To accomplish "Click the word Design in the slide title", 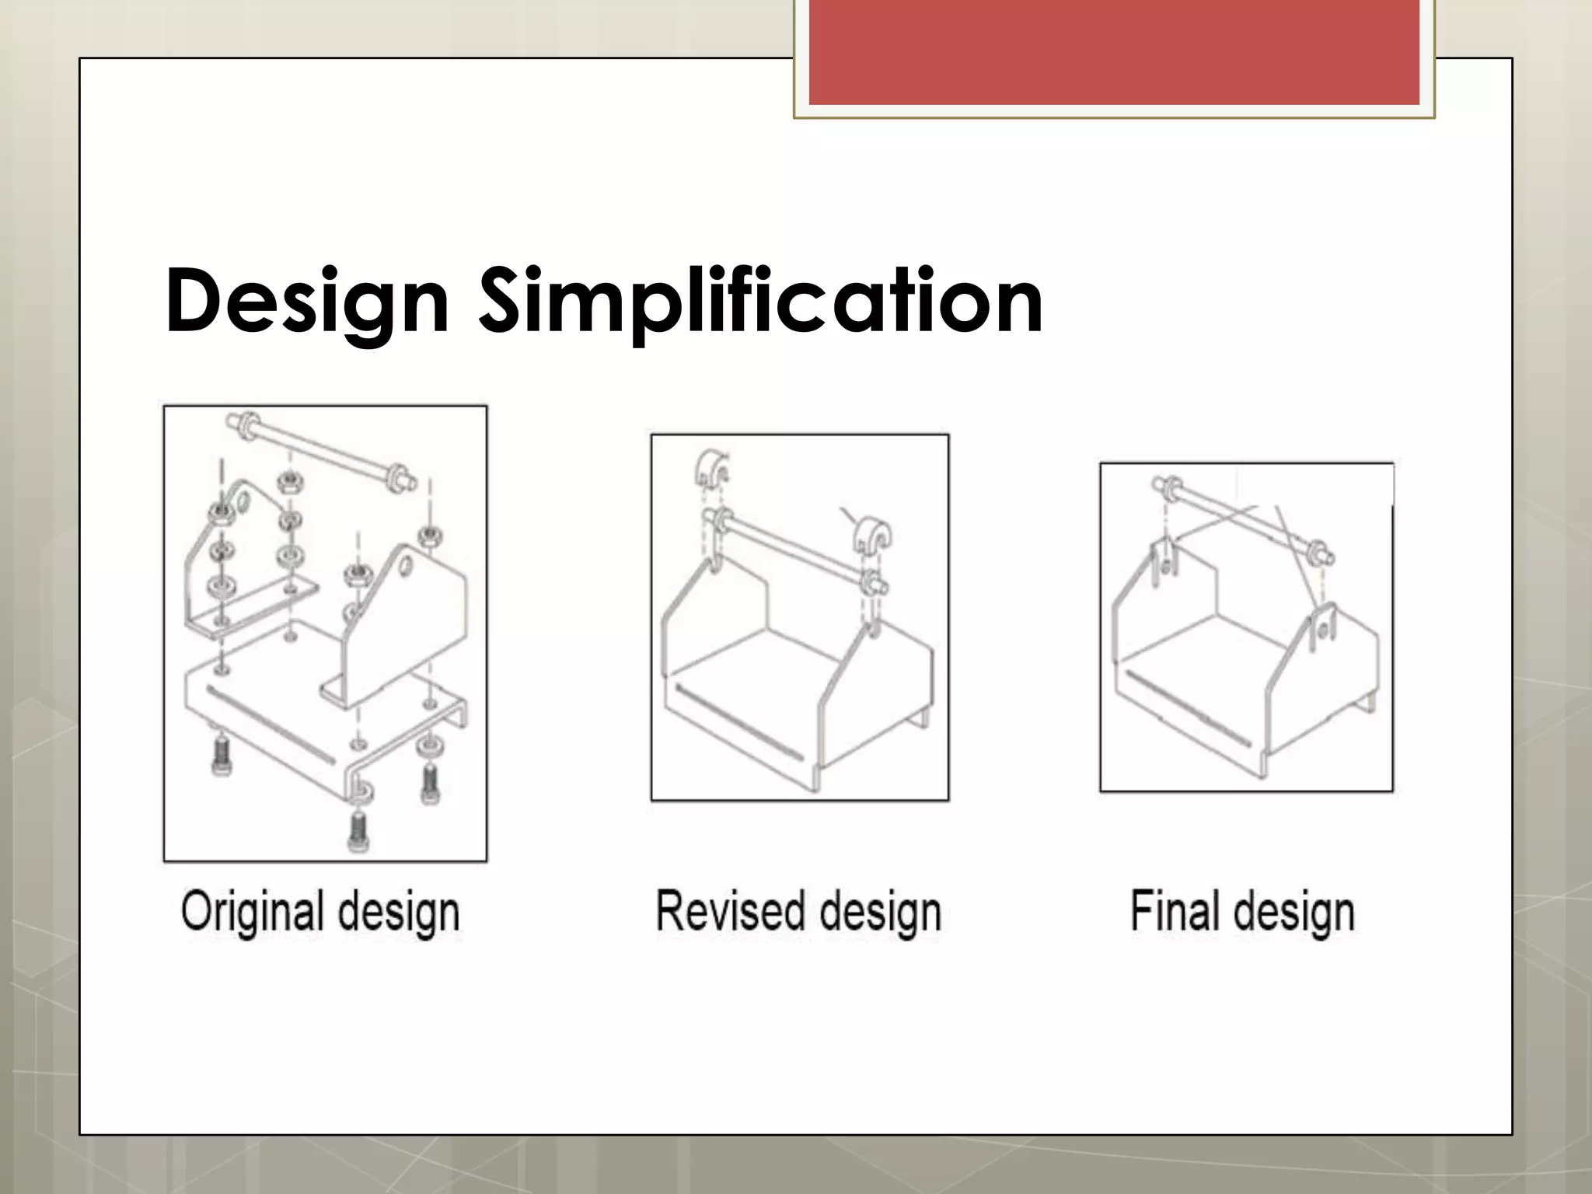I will (307, 302).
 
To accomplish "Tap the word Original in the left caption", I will (253, 911).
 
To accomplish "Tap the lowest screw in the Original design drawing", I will (358, 830).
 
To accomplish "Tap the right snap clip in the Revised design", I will (871, 536).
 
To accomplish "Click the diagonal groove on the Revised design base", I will (738, 722).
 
